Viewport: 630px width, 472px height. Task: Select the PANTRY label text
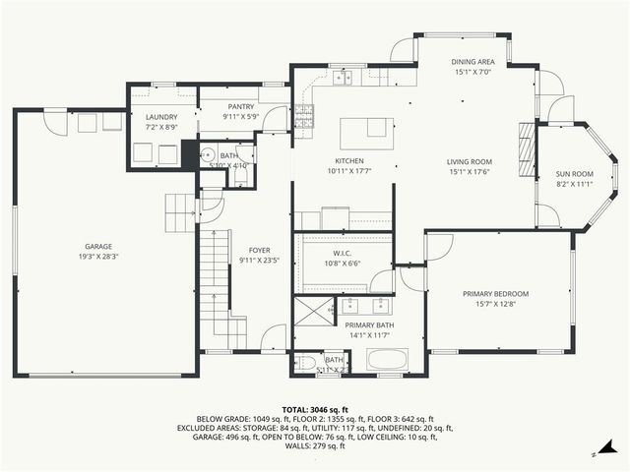(241, 107)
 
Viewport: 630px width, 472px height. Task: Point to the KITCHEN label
(349, 161)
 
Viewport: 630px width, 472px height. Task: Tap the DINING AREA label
(479, 62)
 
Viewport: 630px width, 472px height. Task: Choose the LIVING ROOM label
(470, 162)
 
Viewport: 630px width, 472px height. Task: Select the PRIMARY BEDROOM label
(496, 294)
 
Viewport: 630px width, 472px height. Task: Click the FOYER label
(260, 251)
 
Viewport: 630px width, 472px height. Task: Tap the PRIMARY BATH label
(369, 324)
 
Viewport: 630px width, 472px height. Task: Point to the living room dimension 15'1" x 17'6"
(470, 173)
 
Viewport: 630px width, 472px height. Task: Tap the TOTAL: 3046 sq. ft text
(315, 409)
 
